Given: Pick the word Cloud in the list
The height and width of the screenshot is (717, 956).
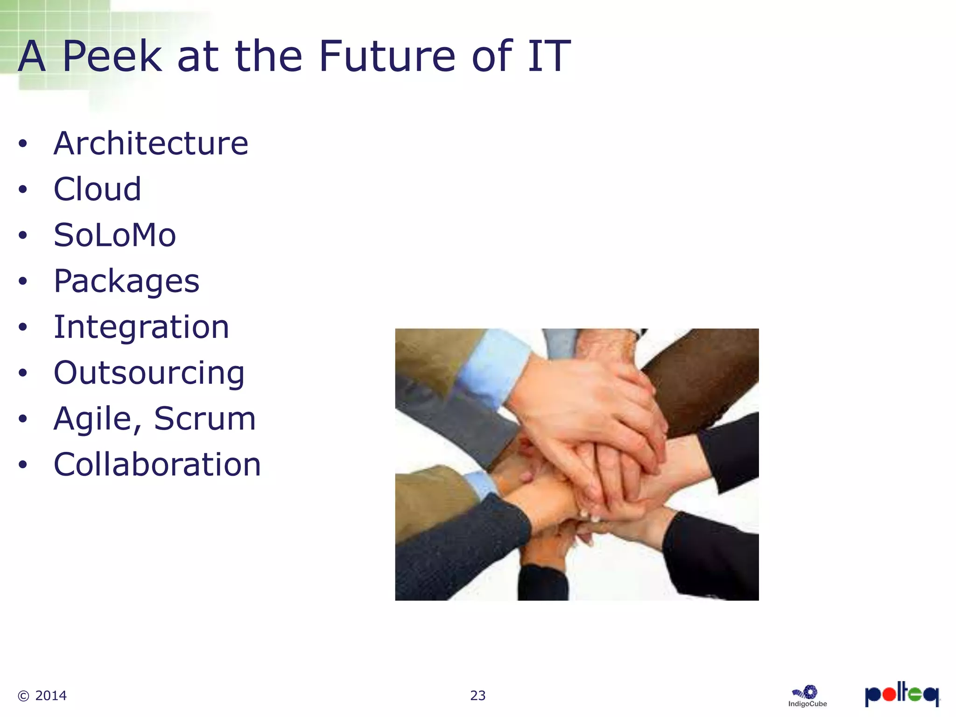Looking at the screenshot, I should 97,189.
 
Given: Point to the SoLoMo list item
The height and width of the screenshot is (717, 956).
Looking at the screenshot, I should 115,235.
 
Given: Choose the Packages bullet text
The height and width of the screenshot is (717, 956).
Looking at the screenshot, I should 127,281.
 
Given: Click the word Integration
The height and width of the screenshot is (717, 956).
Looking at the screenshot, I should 141,327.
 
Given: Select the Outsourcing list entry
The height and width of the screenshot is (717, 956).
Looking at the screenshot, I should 149,373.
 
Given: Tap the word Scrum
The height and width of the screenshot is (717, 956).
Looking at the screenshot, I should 204,418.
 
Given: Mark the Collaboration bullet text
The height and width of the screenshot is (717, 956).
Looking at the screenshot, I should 157,464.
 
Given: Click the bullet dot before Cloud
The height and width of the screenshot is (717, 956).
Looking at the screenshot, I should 23,190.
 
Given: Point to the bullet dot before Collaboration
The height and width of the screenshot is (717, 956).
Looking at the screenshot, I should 23,465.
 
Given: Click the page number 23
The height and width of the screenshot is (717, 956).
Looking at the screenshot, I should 478,696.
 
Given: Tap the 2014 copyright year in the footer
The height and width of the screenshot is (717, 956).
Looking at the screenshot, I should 51,696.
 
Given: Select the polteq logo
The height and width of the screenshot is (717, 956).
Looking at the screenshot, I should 902,695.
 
